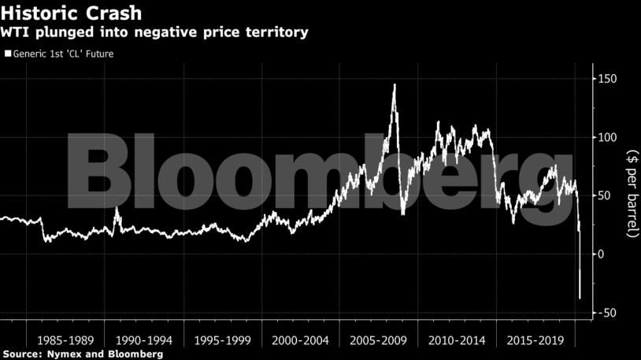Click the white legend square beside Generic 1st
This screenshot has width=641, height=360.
click(8, 54)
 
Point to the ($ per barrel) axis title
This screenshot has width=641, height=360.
click(632, 194)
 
